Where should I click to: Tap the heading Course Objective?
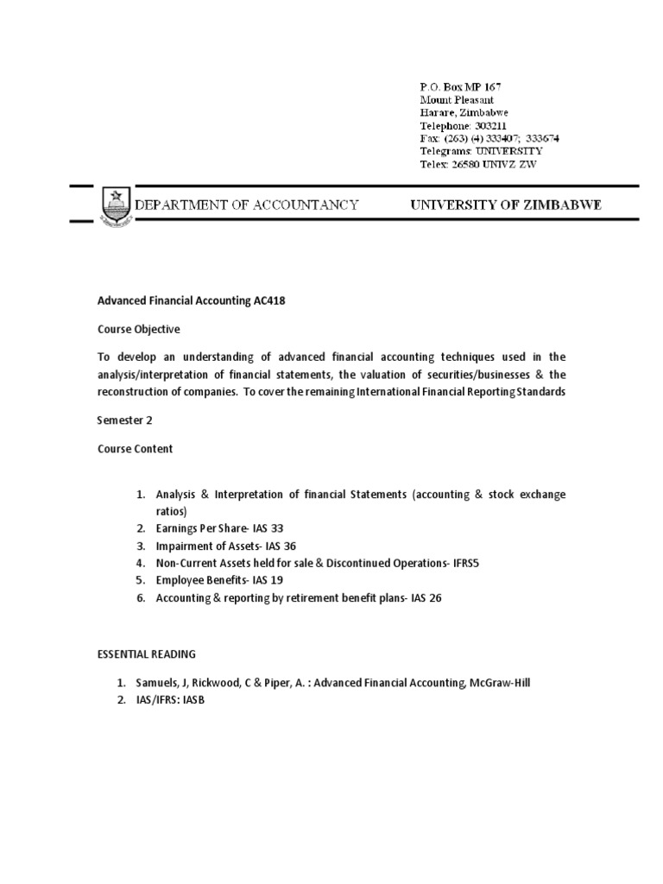tap(138, 329)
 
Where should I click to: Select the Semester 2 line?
tap(123, 420)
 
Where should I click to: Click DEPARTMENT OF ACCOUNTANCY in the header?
tap(245, 205)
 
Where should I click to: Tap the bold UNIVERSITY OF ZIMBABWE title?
tap(505, 205)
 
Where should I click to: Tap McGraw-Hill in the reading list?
tap(502, 683)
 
